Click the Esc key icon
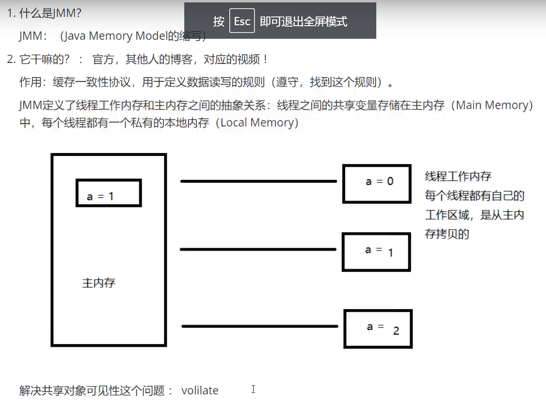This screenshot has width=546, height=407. pos(242,21)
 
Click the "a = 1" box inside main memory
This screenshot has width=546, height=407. pos(109,193)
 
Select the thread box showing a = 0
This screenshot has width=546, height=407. pos(377,183)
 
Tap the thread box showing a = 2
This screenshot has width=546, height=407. pos(378,329)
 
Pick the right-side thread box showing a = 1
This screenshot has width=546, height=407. pos(376,251)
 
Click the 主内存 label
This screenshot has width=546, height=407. pos(99,282)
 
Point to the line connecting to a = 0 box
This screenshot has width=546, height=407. pos(258,181)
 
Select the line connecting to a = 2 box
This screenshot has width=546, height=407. pos(259,326)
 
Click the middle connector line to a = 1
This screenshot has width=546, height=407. pos(258,250)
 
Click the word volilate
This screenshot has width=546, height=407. pos(200,391)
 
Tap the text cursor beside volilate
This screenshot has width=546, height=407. pos(253,389)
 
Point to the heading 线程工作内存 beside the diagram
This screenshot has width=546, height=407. pos(458,176)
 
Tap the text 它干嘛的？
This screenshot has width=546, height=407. pos(45,60)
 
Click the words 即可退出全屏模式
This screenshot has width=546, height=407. pos(304,21)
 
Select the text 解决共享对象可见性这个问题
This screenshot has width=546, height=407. pos(92,391)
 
